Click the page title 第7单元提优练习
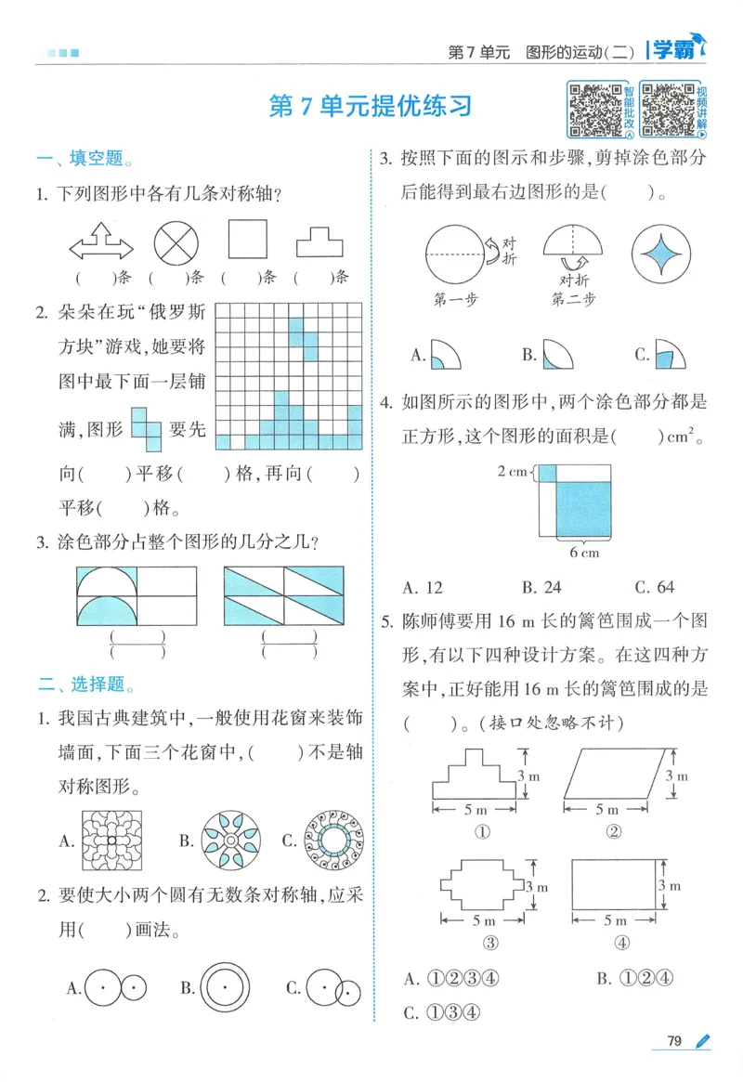[x=370, y=106]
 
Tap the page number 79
[x=674, y=1041]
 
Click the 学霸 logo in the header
[x=674, y=50]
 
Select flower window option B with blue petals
[x=228, y=841]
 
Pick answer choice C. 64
[x=654, y=587]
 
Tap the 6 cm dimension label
[x=584, y=553]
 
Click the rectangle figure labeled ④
[x=614, y=885]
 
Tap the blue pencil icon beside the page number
[x=702, y=1041]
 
